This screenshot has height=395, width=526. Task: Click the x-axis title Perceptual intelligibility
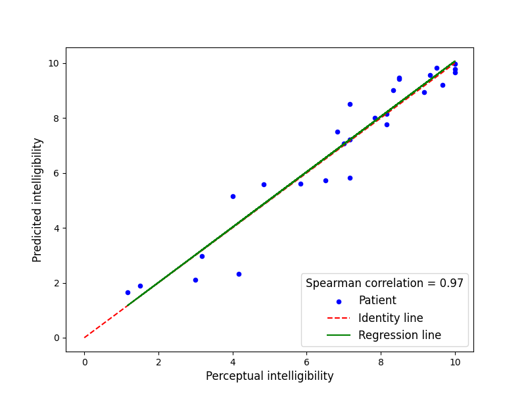(x=270, y=376)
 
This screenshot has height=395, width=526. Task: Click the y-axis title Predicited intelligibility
(x=37, y=199)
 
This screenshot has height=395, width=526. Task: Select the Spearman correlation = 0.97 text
(x=385, y=283)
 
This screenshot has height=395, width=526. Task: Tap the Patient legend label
(x=377, y=300)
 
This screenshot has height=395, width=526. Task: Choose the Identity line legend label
(x=390, y=318)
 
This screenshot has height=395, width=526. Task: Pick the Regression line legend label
(x=399, y=335)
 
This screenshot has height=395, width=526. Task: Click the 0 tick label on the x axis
(x=84, y=361)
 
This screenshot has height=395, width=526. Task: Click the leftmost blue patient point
(x=128, y=292)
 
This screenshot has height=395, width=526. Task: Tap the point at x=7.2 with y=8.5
(x=350, y=104)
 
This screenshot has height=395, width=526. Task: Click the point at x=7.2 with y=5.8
(x=350, y=178)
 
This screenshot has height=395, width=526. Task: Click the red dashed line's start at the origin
(x=84, y=338)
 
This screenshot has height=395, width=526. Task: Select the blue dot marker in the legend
(x=339, y=302)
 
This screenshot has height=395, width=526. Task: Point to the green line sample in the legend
(x=339, y=335)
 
